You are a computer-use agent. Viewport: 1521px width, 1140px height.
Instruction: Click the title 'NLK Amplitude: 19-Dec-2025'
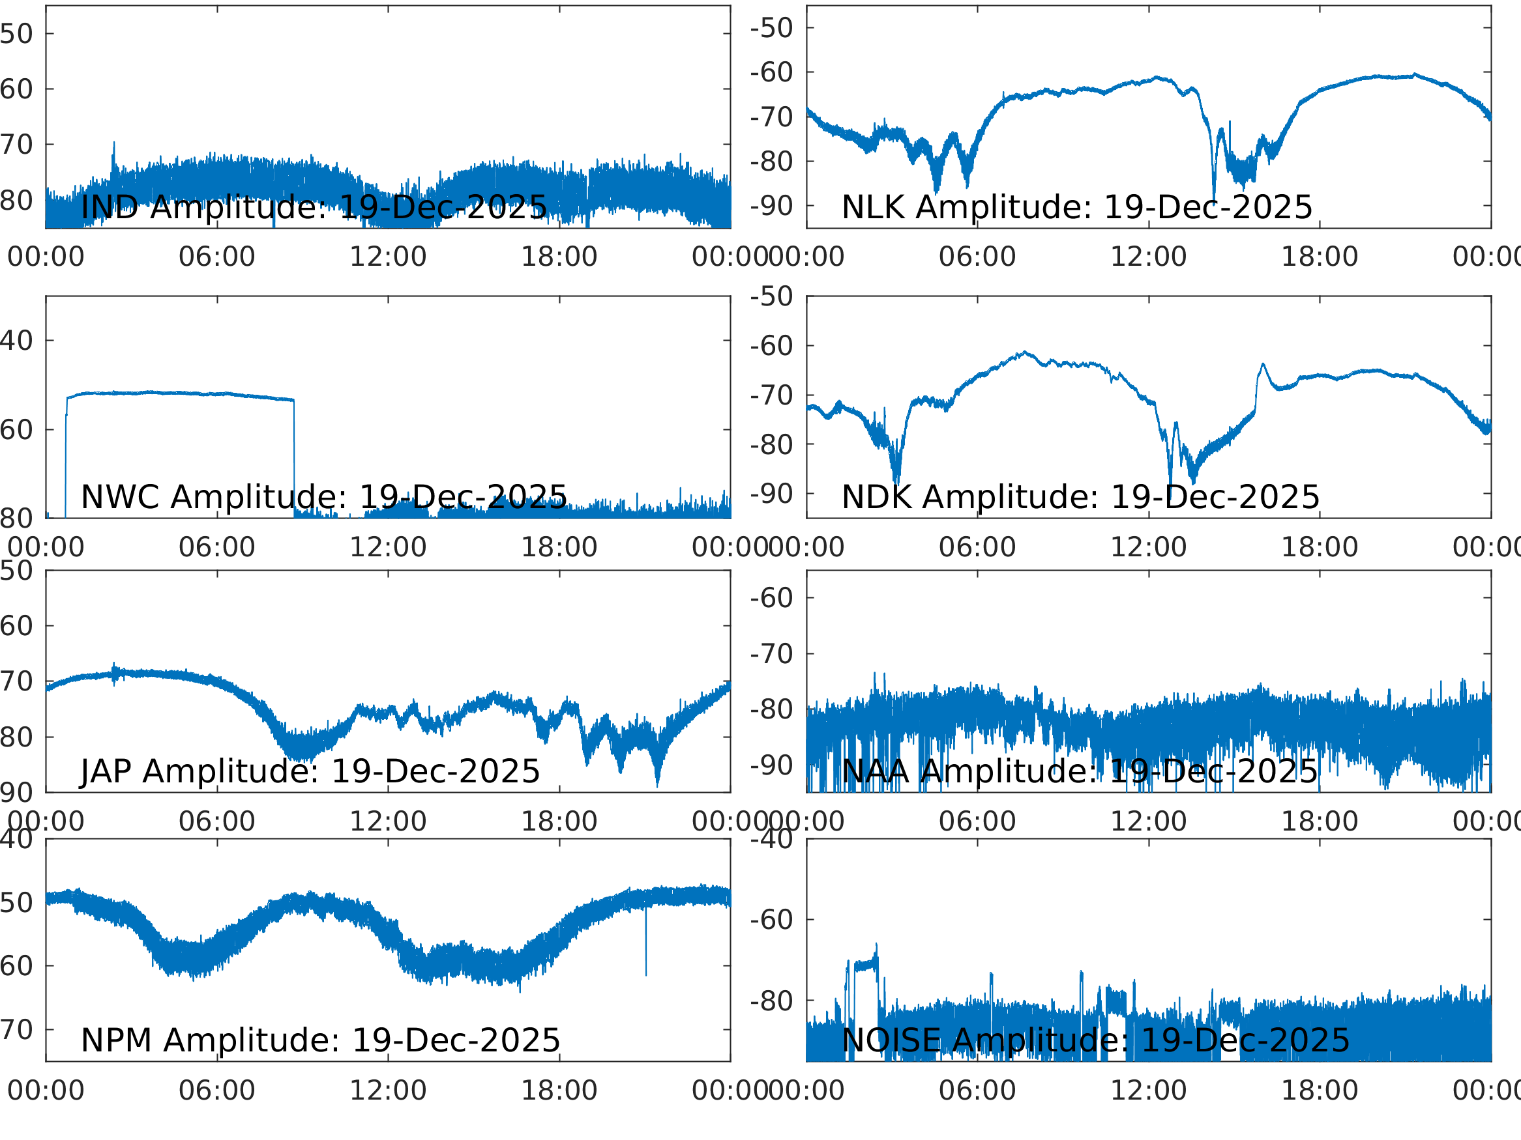tap(1077, 207)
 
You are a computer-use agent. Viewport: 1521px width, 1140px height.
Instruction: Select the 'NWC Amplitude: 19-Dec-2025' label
tap(324, 497)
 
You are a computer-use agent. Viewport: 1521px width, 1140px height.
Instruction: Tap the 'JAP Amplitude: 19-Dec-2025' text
tap(310, 771)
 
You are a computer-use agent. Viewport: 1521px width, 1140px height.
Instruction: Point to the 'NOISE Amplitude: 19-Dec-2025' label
tap(1095, 1040)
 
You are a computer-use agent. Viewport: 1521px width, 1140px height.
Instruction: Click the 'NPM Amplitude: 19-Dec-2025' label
tap(320, 1040)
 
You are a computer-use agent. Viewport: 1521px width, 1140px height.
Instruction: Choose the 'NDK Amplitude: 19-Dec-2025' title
tap(1080, 497)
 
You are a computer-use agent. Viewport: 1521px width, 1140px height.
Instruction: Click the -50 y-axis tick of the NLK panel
tap(771, 28)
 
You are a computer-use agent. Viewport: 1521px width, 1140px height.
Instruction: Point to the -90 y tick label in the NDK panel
tap(771, 493)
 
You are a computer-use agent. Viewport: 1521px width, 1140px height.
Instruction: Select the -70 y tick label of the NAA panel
tap(771, 654)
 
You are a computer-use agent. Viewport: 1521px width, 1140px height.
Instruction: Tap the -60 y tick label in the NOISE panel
tap(771, 920)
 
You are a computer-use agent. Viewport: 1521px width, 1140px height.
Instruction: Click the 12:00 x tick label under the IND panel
tap(388, 257)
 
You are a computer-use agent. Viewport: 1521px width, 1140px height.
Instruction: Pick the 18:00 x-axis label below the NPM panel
tap(559, 1090)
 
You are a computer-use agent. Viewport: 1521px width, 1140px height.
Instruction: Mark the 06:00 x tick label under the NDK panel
tap(977, 547)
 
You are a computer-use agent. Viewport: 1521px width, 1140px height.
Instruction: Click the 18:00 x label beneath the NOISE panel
tap(1319, 1090)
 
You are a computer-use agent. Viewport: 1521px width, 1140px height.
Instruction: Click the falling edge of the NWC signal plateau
tap(294, 453)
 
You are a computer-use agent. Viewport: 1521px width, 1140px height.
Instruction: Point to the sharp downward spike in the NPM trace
tap(645, 955)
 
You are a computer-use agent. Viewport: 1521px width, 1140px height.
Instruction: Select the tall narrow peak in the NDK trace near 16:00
tap(1263, 365)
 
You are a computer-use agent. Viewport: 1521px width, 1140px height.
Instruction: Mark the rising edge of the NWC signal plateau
tap(66, 453)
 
